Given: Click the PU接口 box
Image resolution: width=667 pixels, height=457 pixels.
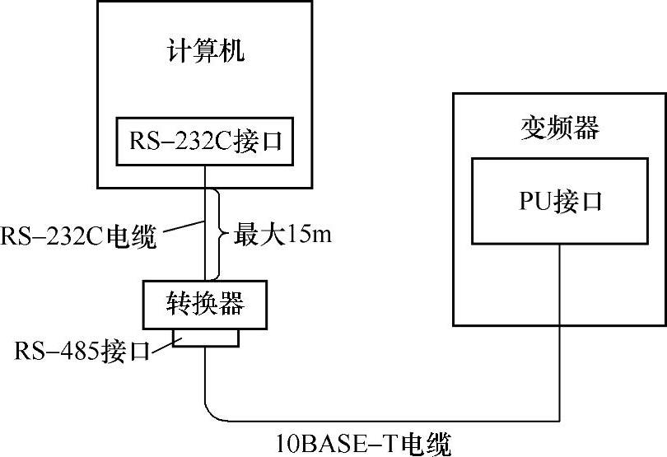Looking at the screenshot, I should tap(560, 201).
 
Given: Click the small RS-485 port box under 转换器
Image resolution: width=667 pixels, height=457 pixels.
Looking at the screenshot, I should tap(206, 338).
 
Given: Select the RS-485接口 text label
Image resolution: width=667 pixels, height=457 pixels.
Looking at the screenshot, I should tap(82, 351).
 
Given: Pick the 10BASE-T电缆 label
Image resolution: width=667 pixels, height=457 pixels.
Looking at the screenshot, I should tap(363, 445).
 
